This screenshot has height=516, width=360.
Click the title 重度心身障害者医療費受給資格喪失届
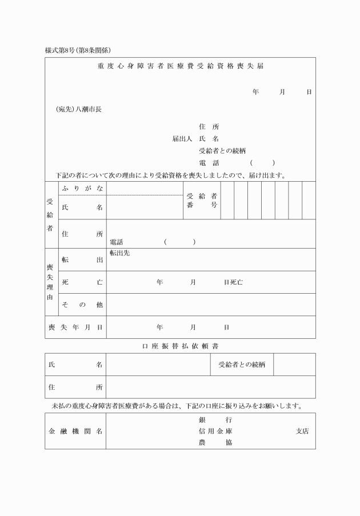point(180,66)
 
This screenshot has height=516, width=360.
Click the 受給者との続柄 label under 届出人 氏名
point(222,151)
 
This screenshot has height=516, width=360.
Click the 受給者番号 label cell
point(202,201)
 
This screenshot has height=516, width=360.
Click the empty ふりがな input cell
point(145,188)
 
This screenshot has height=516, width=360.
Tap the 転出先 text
point(119,253)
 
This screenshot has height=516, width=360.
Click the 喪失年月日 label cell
point(75,327)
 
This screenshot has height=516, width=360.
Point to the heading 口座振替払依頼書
point(180,346)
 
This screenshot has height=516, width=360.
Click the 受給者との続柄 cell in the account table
point(242,365)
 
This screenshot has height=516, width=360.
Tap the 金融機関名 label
point(75,431)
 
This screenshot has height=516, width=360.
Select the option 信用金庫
point(215,431)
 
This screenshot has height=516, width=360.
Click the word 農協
point(215,442)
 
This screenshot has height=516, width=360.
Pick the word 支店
point(302,431)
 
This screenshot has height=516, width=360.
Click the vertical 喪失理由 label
point(50,282)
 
